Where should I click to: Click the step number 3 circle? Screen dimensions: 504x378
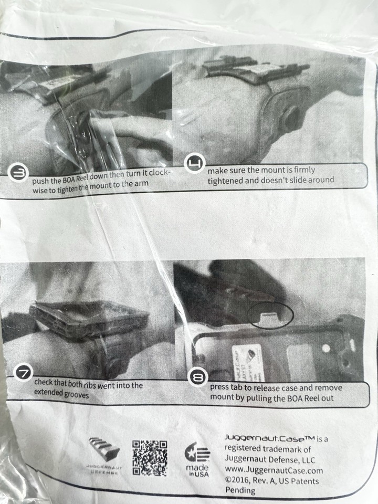[x=19, y=174]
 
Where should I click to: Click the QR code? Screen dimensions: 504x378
[x=150, y=457]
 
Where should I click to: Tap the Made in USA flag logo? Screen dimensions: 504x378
[x=197, y=453]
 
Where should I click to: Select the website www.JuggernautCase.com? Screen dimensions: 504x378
[x=274, y=470]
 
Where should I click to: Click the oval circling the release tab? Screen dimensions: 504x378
[x=269, y=313]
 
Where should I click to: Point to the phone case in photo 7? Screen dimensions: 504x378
[x=89, y=318]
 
